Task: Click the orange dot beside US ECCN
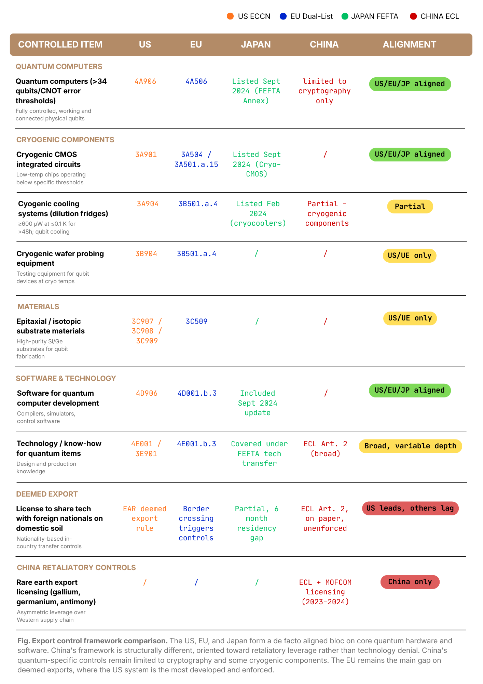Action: (x=230, y=16)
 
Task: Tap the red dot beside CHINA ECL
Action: (x=413, y=16)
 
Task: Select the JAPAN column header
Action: (x=256, y=44)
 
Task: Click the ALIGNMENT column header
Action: (x=409, y=44)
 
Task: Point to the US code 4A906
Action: (x=145, y=81)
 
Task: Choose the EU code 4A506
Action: (x=196, y=81)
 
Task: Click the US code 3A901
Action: (x=146, y=155)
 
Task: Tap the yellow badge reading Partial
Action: (x=410, y=207)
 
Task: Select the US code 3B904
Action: (x=146, y=254)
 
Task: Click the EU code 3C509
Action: (x=196, y=321)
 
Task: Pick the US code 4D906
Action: (x=147, y=393)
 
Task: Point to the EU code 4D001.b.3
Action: (x=197, y=393)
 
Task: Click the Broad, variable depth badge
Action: (x=410, y=446)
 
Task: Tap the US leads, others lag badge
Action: (x=410, y=508)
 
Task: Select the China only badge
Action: (x=410, y=582)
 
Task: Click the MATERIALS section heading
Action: (x=38, y=306)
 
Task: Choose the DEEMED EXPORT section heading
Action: (x=47, y=494)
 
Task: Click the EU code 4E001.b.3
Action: (x=196, y=444)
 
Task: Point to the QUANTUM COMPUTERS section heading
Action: (x=59, y=66)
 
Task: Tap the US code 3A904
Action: (x=148, y=204)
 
